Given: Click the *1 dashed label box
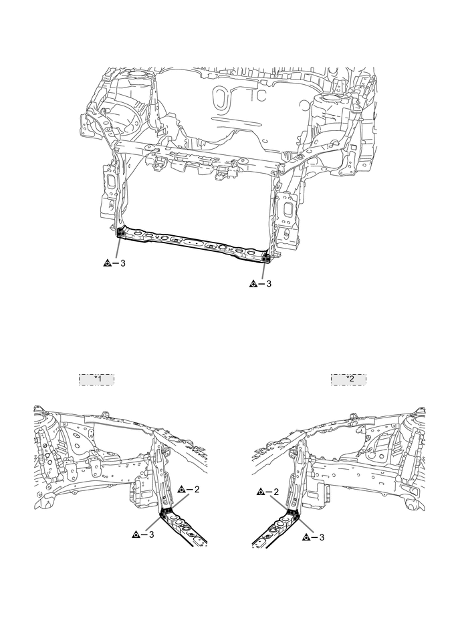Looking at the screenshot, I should pos(97,379).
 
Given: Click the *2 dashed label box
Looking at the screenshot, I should pos(349,379).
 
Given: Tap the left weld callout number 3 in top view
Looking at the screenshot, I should pos(122,263).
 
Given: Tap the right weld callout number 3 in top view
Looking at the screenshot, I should pos(269,284).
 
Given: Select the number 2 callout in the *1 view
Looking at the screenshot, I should pos(197,490).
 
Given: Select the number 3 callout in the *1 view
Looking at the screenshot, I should pos(152,535).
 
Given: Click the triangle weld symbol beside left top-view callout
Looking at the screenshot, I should pos(108,263).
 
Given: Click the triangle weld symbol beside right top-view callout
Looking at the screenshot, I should pos(253,284).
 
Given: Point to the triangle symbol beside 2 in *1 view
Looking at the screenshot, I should pos(182,490).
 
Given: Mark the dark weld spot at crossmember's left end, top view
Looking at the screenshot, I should pos(121,232).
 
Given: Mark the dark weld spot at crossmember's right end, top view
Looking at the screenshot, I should pos(266,255).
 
